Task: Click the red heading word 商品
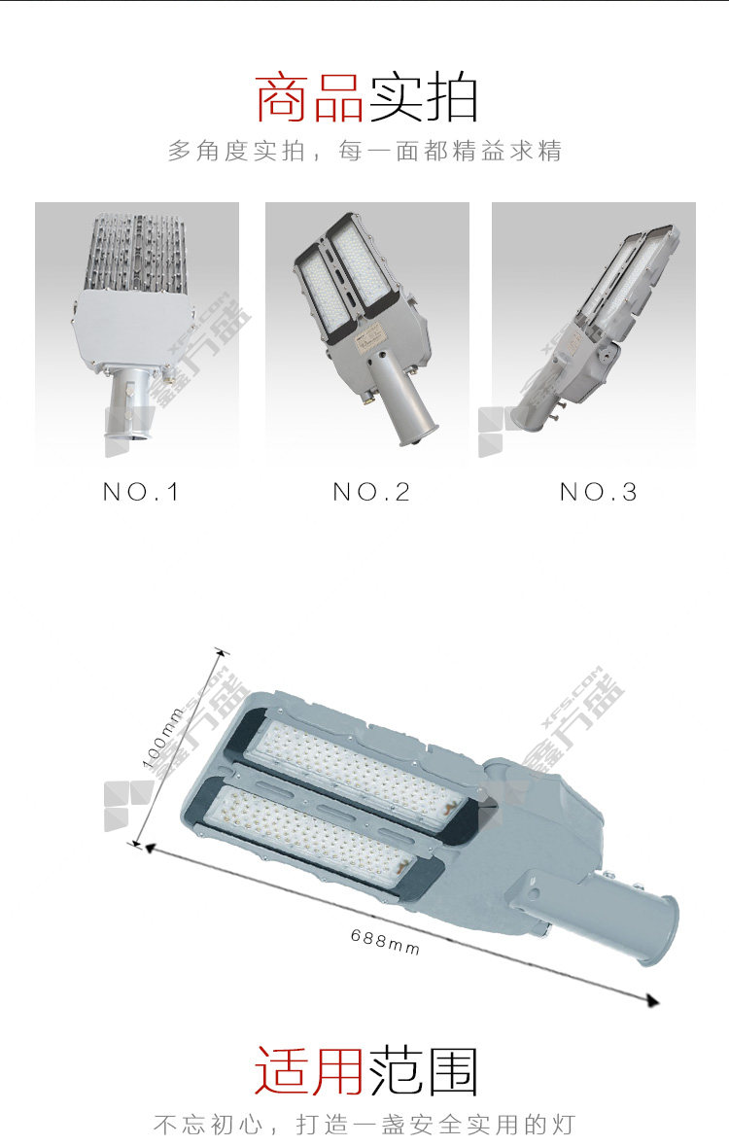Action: (x=309, y=98)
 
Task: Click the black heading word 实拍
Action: (x=423, y=98)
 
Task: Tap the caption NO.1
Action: (x=141, y=492)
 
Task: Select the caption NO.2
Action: (x=371, y=492)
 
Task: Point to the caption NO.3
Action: (x=599, y=492)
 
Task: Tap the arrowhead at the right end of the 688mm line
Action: (x=652, y=1000)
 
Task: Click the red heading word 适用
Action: (x=308, y=1071)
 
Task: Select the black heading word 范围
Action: (x=423, y=1071)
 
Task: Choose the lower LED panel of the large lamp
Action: (x=311, y=832)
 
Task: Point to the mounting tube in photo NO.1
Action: (x=131, y=403)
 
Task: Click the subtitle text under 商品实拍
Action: (x=364, y=151)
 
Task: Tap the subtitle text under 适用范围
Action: (x=364, y=1124)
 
